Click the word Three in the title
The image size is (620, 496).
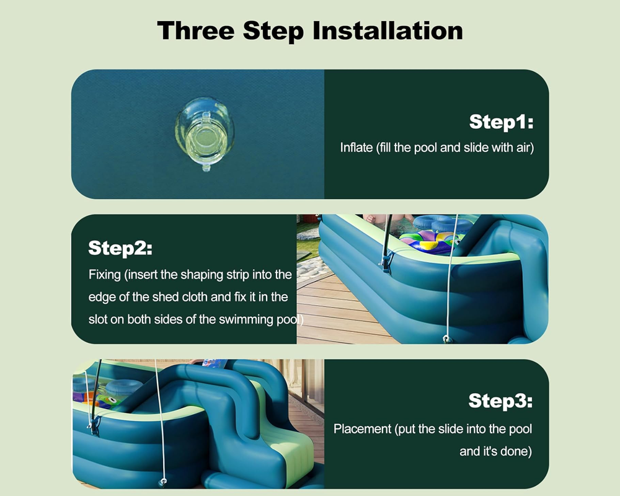pyautogui.click(x=196, y=30)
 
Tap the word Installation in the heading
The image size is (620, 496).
pyautogui.click(x=387, y=30)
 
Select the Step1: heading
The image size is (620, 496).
pyautogui.click(x=501, y=122)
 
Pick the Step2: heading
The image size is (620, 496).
pyautogui.click(x=120, y=248)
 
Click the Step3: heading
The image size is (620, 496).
pyautogui.click(x=500, y=401)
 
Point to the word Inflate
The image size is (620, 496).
pyautogui.click(x=356, y=148)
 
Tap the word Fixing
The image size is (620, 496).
pyautogui.click(x=104, y=275)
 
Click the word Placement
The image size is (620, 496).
pyautogui.click(x=362, y=429)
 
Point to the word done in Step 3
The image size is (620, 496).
pyautogui.click(x=515, y=451)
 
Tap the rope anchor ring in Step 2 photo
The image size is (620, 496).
pyautogui.click(x=447, y=339)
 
